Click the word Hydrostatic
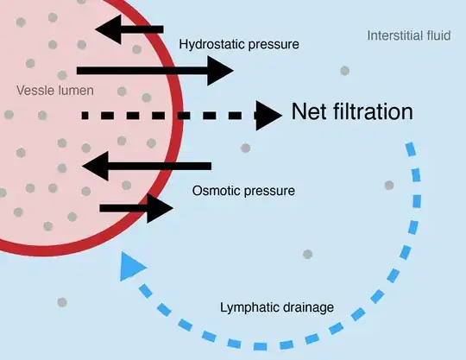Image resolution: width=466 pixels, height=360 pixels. pos(210,43)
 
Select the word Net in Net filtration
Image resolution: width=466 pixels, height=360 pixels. pos(310,111)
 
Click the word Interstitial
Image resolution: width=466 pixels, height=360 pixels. pos(396,35)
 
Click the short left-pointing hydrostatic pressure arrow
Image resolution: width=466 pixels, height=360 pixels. pos(129,30)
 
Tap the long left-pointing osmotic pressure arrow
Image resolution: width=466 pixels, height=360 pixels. pos(146,164)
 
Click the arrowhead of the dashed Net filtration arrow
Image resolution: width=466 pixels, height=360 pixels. pos(272,113)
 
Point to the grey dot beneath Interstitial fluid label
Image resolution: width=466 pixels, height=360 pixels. pos(344,70)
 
